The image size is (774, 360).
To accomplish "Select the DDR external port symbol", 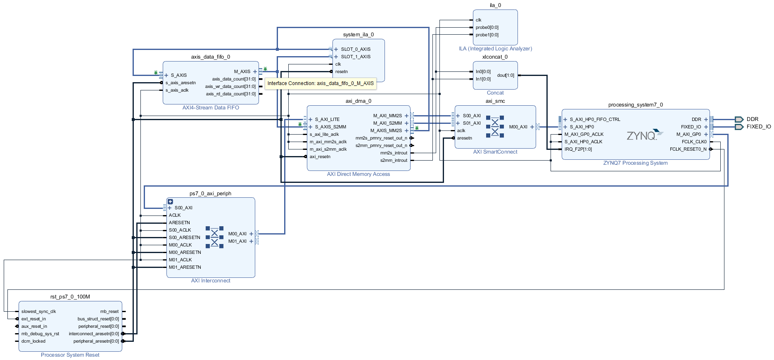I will (x=739, y=119).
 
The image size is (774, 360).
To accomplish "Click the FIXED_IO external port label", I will (x=758, y=127).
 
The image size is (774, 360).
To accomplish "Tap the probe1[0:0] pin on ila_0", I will (x=487, y=35).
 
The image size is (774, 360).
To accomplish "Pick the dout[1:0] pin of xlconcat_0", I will (x=506, y=75).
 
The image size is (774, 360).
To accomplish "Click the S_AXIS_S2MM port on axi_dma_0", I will (x=330, y=127).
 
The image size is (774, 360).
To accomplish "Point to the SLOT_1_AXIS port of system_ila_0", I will (x=355, y=57).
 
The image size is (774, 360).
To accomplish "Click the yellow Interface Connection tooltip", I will (x=321, y=83).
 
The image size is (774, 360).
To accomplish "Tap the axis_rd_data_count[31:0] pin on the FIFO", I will (x=231, y=94).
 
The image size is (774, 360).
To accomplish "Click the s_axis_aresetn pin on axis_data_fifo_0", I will (x=180, y=83).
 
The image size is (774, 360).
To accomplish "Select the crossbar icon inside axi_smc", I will (x=495, y=127).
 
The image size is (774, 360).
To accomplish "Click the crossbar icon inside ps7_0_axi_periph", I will (x=214, y=237).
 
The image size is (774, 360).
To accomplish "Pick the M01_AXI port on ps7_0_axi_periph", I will (x=237, y=241).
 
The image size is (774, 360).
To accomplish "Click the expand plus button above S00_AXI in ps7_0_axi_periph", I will (x=170, y=201).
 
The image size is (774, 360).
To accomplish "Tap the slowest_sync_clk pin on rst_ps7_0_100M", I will (x=38, y=311).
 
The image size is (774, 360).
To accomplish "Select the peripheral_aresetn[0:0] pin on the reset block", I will (x=96, y=341).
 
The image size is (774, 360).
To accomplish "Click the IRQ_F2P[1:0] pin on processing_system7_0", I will (x=578, y=149).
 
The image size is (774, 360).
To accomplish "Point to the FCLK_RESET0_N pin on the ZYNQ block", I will (x=688, y=149).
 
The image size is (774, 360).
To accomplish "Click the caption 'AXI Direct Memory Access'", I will (x=358, y=174).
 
